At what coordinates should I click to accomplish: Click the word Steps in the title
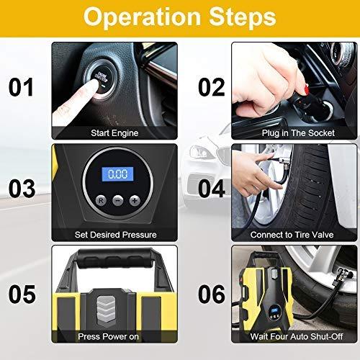coord(243,17)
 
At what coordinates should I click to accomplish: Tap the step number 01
coord(21,87)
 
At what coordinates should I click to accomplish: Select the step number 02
coord(212,87)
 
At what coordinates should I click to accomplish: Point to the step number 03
coord(22,189)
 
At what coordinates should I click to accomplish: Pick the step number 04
coord(212,189)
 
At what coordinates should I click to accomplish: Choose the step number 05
coord(22,294)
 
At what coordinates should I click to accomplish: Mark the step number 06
coord(212,294)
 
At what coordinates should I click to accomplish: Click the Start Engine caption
coord(114,133)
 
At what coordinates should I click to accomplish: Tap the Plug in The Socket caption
coord(298,133)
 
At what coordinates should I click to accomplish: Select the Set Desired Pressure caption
coord(115,235)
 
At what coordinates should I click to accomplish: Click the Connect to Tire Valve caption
coord(292,235)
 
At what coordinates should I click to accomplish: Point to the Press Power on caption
coord(108,336)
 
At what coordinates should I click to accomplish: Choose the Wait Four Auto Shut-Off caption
coord(297,336)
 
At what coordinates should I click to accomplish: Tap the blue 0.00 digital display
coord(117,174)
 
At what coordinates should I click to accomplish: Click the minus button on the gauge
coord(118,200)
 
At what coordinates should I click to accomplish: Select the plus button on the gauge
coord(135,200)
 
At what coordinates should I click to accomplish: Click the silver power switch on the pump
coord(106,310)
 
